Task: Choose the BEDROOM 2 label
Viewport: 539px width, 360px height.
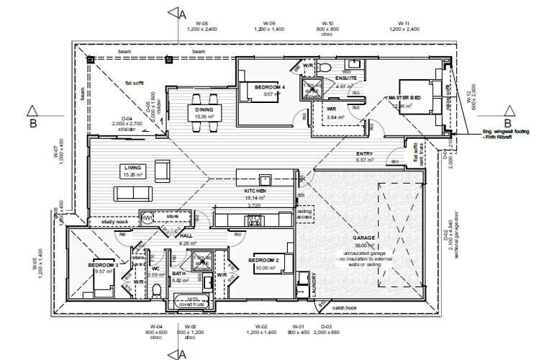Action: pos(263,259)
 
